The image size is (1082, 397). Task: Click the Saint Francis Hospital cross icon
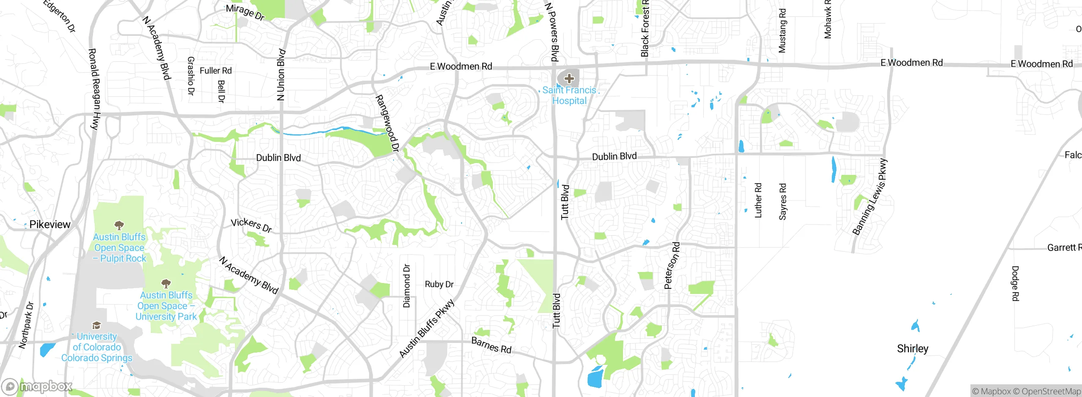[x=569, y=79]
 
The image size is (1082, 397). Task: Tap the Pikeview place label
[x=50, y=224]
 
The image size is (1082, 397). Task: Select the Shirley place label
[x=913, y=348]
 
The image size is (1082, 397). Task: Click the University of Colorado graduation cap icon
[x=96, y=325]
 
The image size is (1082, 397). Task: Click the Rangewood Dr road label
[x=387, y=123]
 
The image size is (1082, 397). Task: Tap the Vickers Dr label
[x=251, y=225]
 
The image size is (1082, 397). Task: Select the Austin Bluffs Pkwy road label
[x=427, y=328]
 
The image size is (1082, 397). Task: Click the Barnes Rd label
[x=491, y=345]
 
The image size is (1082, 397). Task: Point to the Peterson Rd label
[x=672, y=265]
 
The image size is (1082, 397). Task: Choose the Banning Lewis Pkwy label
[x=870, y=197]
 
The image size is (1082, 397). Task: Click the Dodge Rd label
[x=1015, y=283]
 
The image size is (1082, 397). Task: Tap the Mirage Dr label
[x=245, y=12]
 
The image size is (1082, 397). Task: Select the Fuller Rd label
[x=216, y=71]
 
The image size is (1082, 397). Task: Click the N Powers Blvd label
[x=552, y=32]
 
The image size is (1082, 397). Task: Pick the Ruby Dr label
[x=439, y=284]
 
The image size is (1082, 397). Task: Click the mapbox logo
[x=37, y=386]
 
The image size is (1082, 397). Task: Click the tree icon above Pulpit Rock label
[x=119, y=225]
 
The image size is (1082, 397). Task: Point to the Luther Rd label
[x=758, y=200]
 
